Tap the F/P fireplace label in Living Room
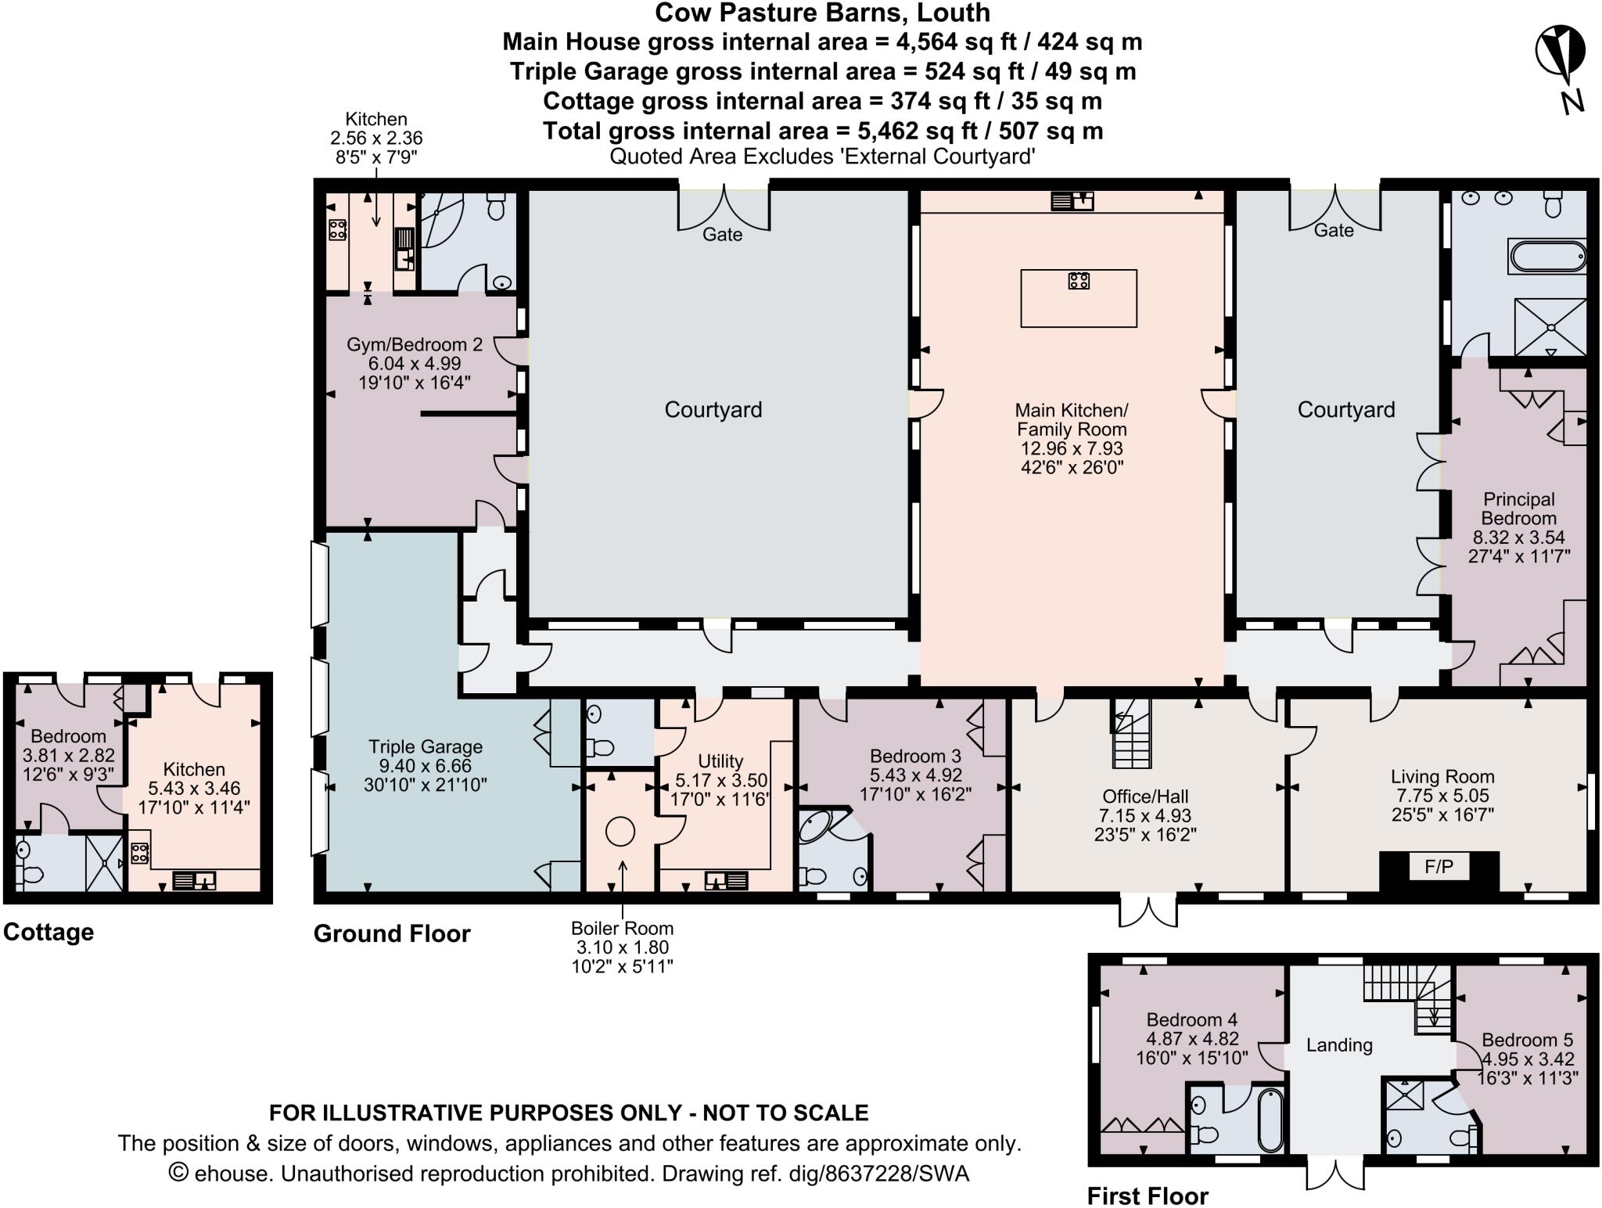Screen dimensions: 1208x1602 (x=1439, y=867)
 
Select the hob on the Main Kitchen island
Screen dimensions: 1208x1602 (x=1079, y=280)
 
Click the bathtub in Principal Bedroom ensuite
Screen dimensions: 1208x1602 (x=1548, y=257)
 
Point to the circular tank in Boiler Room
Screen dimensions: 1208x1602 (x=620, y=831)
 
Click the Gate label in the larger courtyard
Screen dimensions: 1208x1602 (x=722, y=235)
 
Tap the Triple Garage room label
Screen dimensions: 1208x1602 (x=426, y=746)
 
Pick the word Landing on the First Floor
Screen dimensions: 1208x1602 (x=1339, y=1045)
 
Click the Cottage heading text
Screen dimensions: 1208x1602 (x=48, y=932)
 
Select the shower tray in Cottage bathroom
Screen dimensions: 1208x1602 (x=104, y=863)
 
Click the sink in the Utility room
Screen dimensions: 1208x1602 (x=726, y=881)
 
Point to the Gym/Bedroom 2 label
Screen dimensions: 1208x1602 (x=415, y=345)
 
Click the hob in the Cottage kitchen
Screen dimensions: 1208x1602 (x=140, y=853)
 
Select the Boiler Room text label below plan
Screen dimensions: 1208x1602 (x=622, y=929)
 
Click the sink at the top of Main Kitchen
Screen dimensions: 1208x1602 (x=1072, y=202)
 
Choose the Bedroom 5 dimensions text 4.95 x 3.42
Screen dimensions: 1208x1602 (x=1528, y=1059)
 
